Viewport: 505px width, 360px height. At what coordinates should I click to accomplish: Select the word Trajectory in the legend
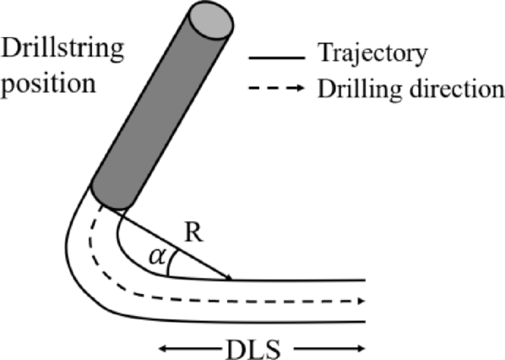click(369, 57)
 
